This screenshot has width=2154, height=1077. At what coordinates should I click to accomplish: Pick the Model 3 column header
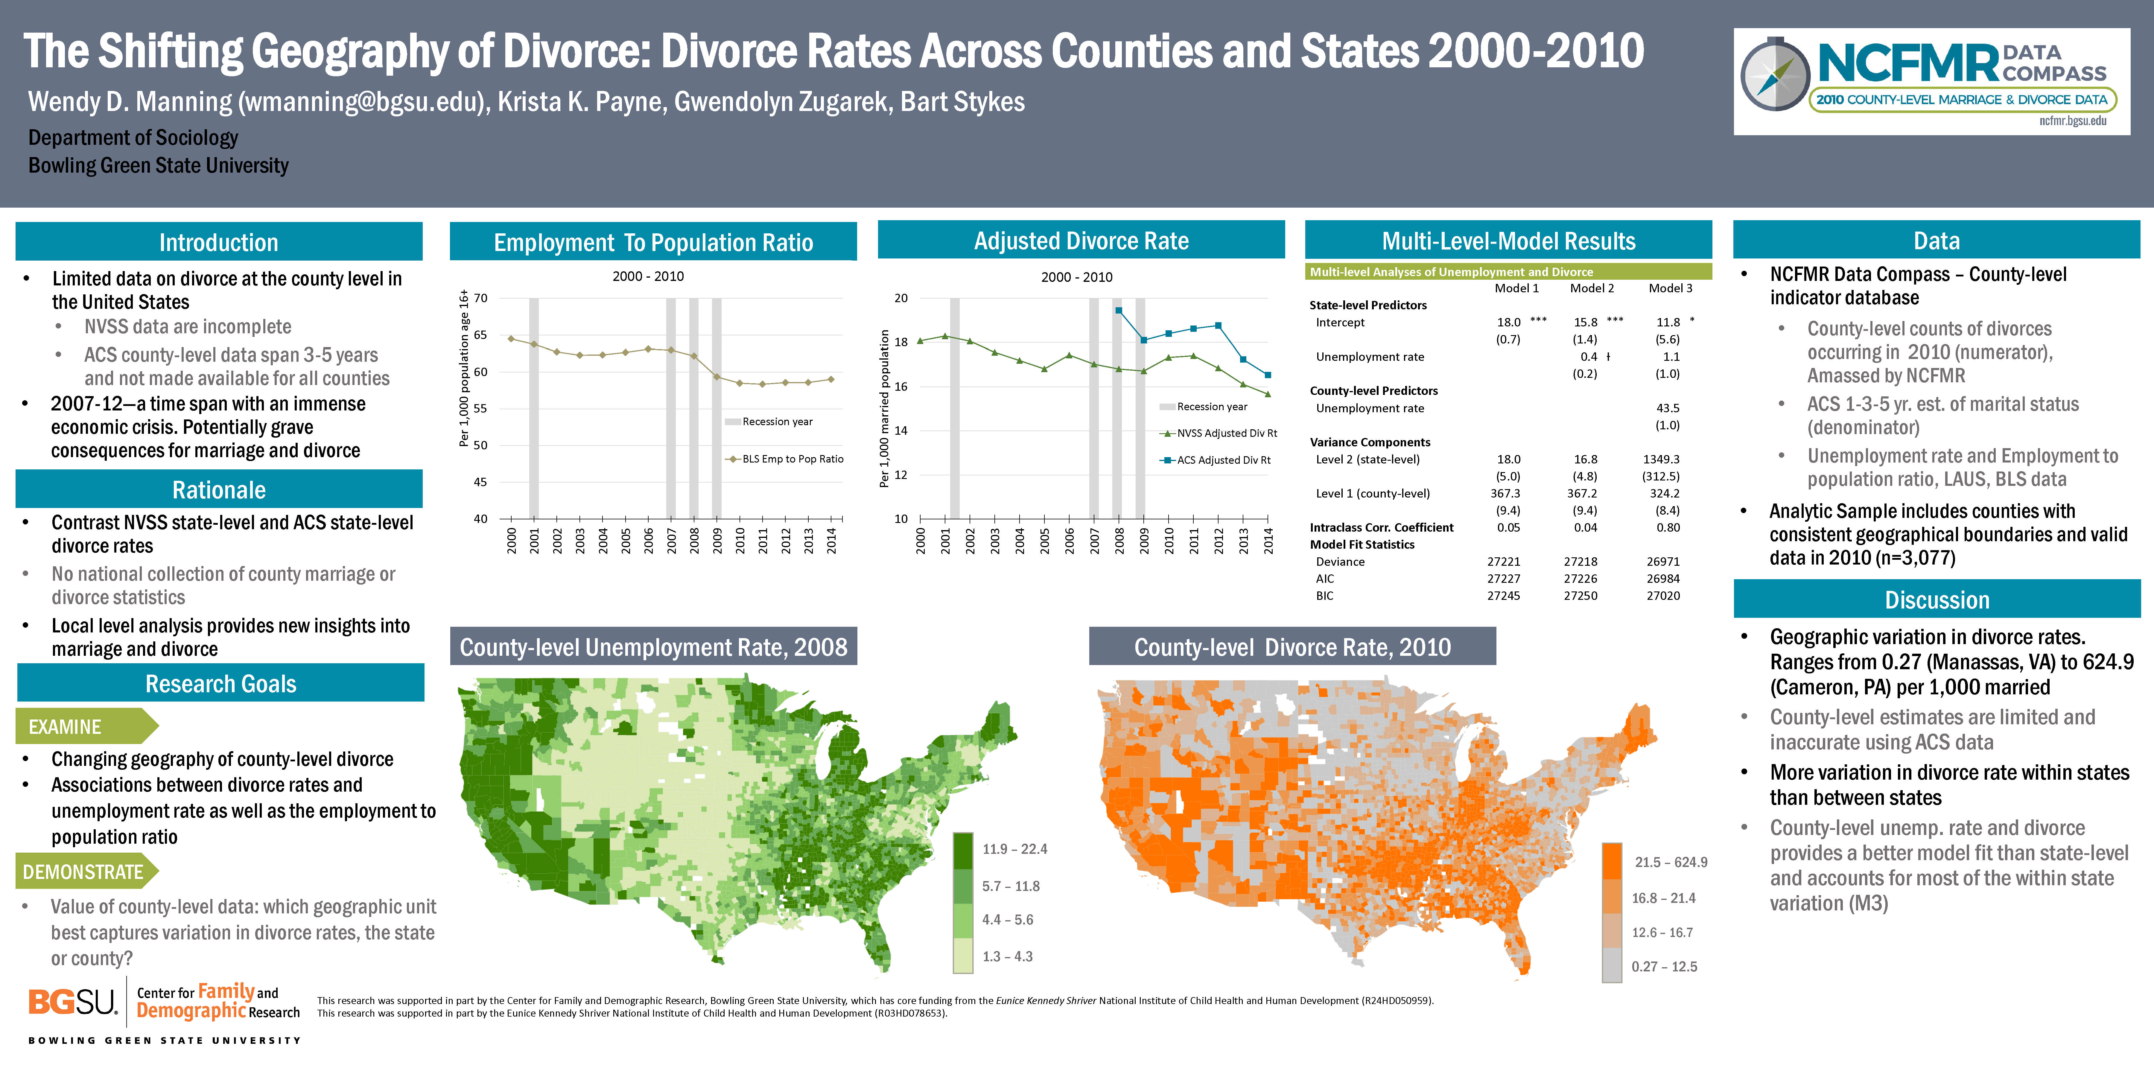[x=1670, y=288]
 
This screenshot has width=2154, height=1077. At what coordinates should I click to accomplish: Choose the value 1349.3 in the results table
[x=1661, y=459]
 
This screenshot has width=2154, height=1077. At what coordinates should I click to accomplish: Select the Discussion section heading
[x=1937, y=600]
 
